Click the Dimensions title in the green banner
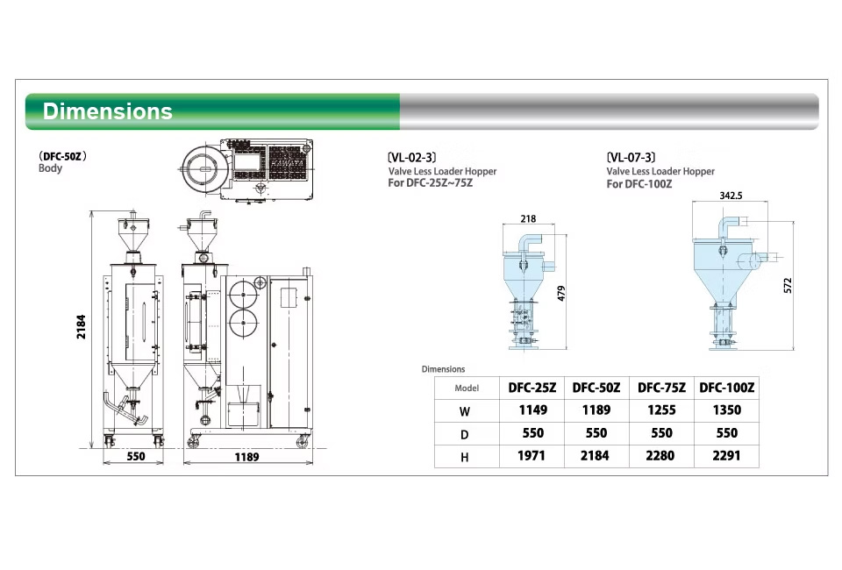[107, 111]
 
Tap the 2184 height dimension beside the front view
[81, 326]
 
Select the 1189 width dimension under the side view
[247, 457]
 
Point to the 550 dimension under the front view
[136, 456]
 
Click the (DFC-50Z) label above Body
[63, 156]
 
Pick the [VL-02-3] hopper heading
[412, 157]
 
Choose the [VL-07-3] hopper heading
[631, 157]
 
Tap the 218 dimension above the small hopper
[528, 218]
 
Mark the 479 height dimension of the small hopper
[561, 293]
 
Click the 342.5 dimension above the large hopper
[731, 196]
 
